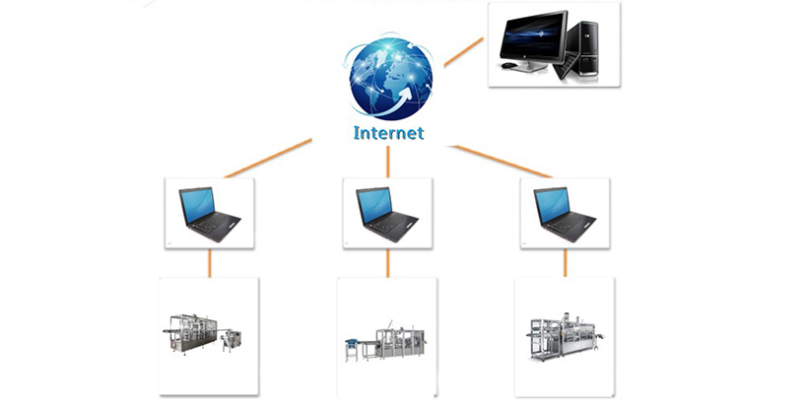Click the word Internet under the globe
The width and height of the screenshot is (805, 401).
388,132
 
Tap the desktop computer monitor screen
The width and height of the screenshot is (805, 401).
533,37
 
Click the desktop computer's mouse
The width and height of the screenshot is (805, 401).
508,66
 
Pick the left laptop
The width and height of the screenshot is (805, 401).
209,211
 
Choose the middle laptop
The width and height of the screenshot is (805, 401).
387,211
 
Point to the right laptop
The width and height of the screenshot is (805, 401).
565,211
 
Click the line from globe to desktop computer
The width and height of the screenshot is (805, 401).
463,52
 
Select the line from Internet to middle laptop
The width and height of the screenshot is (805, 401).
388,161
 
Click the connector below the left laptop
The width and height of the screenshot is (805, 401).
210,262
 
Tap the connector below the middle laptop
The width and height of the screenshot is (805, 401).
387,262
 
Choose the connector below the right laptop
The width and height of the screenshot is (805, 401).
565,262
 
